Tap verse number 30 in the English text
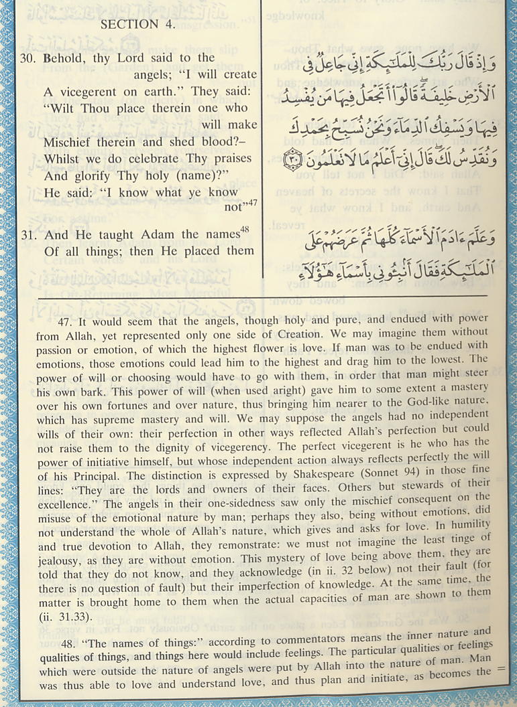[x=27, y=58]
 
